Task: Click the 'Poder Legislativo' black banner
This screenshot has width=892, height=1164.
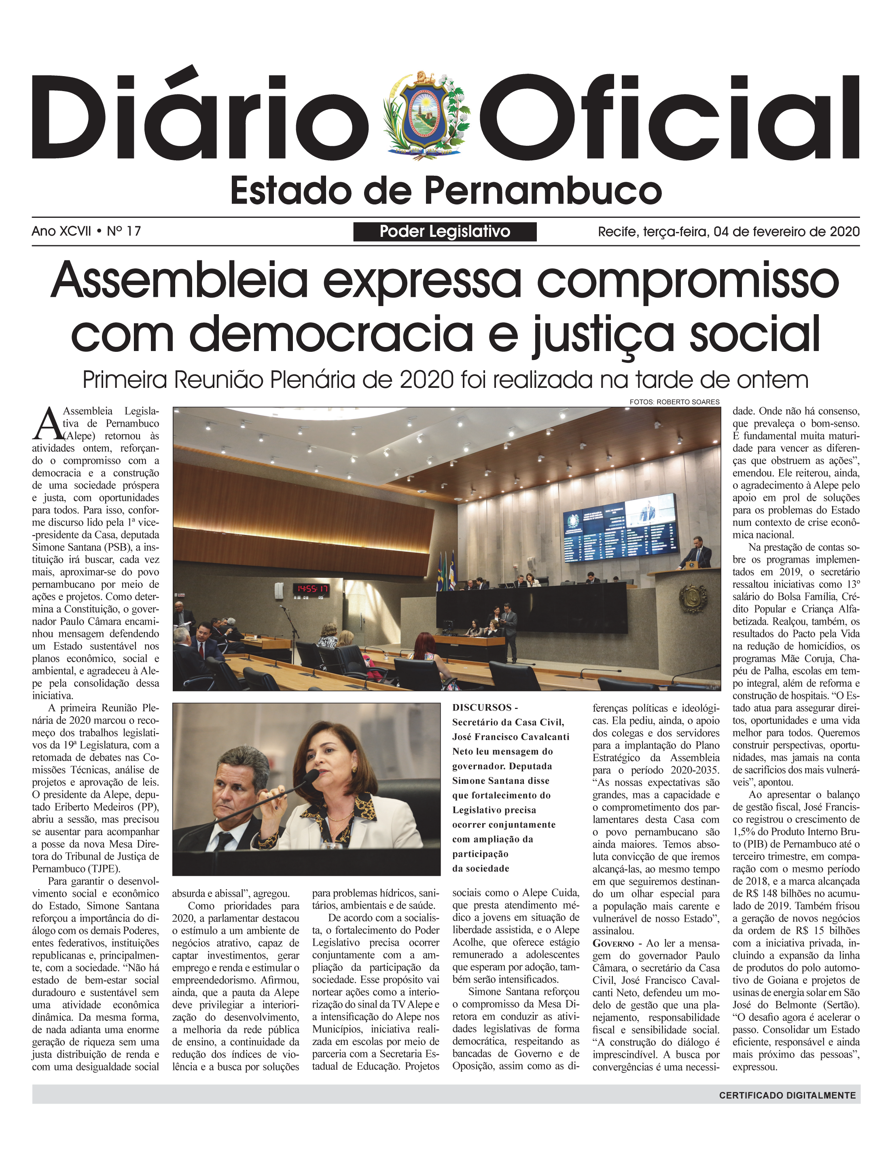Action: coord(445,232)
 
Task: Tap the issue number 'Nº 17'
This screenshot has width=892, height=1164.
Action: coord(124,231)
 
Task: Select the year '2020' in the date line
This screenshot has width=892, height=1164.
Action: coord(844,232)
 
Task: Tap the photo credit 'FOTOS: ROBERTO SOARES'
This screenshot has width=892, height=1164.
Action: coord(674,402)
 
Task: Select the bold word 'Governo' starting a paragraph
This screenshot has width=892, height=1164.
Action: coord(613,943)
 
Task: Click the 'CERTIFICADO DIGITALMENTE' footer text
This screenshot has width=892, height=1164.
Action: coord(787,1095)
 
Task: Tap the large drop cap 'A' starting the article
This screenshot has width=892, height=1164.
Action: coord(47,424)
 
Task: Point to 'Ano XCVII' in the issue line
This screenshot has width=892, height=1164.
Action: coord(61,231)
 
